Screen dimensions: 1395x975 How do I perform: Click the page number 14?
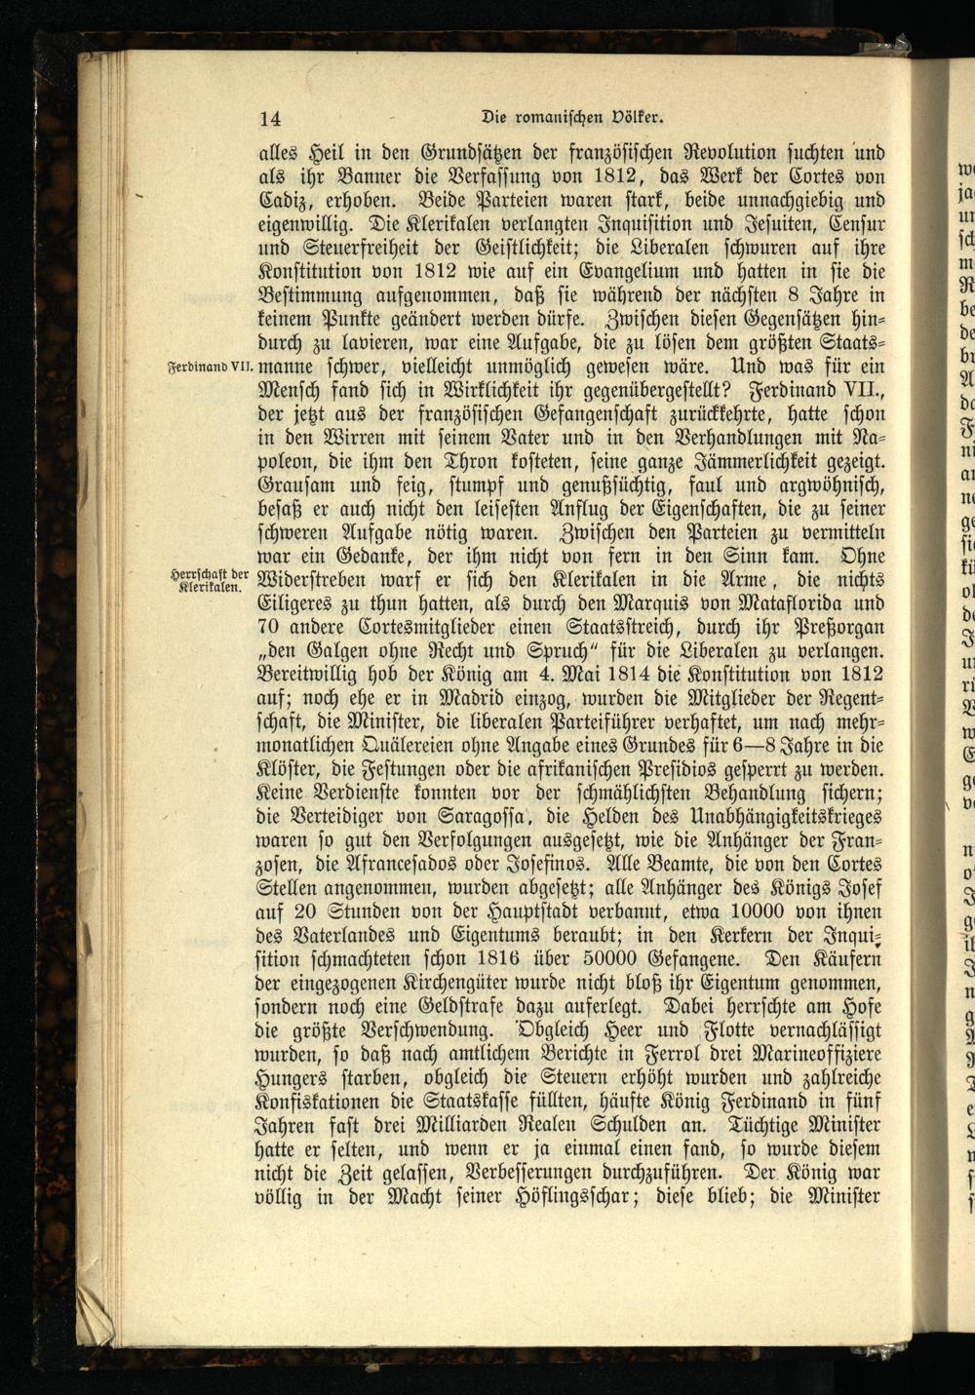pyautogui.click(x=270, y=119)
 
